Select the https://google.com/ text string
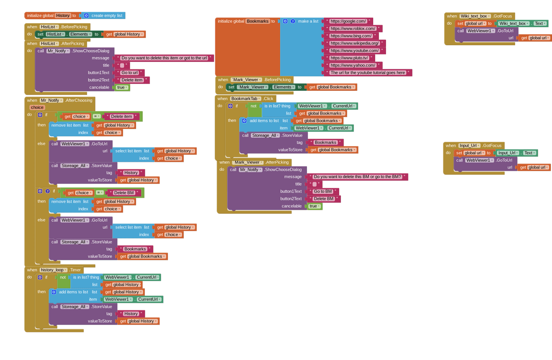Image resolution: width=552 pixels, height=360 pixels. pos(348,21)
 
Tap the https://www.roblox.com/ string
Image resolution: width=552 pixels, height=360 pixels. pos(353,28)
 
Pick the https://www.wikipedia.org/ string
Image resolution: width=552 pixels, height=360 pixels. pos(354,43)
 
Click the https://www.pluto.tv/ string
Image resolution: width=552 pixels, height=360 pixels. pos(349,58)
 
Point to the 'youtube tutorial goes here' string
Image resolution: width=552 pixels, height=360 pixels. pos(368,73)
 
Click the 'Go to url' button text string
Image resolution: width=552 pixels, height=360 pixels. pos(130,73)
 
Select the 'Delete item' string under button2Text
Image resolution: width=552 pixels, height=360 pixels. pos(132,80)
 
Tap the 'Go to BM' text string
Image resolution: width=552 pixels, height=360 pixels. pos(323,191)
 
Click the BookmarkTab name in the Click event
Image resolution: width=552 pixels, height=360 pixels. pos(245,99)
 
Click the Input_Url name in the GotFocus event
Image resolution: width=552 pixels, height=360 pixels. pos(469,146)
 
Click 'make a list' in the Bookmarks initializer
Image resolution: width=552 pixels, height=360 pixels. pos(308,21)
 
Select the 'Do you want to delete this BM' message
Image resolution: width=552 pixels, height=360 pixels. pos(357,177)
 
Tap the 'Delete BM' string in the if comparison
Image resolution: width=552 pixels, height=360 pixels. pos(124,193)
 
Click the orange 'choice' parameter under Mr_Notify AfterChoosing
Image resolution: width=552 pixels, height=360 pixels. pos(37,108)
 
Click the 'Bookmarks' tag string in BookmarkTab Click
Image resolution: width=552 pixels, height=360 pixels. pos(325,142)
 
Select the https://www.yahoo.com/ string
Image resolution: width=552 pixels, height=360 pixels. pos(353,65)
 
